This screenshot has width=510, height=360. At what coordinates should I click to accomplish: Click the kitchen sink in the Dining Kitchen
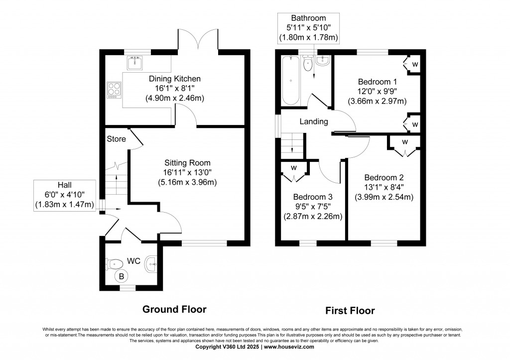pos(134,63)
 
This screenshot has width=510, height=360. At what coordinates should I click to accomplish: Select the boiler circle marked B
pos(121,275)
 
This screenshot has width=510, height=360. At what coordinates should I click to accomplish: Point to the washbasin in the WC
pos(151,265)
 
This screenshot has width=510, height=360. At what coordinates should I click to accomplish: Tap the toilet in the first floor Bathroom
pos(308,62)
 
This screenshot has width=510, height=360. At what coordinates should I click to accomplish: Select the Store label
pos(116,139)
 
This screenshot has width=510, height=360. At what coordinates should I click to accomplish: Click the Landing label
pos(314,121)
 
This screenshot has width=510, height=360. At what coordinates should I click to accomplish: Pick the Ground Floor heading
pos(174,309)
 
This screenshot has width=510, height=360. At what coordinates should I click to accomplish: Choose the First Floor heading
pos(350,311)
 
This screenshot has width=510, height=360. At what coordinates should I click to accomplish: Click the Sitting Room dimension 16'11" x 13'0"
pos(188,172)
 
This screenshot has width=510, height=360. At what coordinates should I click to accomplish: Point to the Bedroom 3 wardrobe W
pos(294,167)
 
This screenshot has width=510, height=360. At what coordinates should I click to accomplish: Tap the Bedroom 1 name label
pos(377,82)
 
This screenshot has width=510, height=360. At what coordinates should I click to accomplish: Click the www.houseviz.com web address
pos(289,347)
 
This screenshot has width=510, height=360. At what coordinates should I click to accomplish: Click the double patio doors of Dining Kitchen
pos(197,40)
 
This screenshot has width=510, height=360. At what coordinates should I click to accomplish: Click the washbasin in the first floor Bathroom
pos(323,60)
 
